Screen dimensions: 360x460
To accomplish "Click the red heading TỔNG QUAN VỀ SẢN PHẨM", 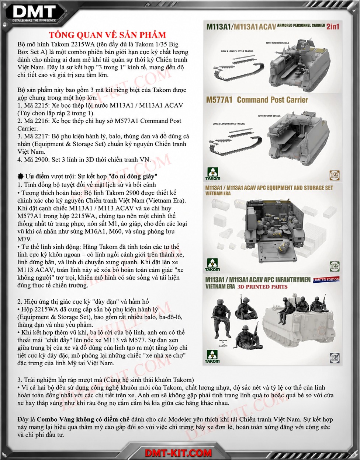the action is pyautogui.click(x=107, y=35).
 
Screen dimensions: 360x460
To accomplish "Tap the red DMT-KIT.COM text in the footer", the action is pyautogui.click(x=178, y=453).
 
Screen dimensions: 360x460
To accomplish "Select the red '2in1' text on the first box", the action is pyautogui.click(x=333, y=27).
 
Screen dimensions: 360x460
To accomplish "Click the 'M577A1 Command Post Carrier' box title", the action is pyautogui.click(x=257, y=100).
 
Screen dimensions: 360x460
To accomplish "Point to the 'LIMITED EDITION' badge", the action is pyautogui.click(x=326, y=280).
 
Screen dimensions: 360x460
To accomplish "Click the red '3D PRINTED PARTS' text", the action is pyautogui.click(x=262, y=287).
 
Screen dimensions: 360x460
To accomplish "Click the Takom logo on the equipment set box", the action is pyautogui.click(x=212, y=265).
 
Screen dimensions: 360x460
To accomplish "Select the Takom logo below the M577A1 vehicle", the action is pyautogui.click(x=212, y=173).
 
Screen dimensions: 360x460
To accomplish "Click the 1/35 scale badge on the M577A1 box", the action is pyautogui.click(x=335, y=176).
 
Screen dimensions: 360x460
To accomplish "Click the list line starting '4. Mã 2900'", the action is pyautogui.click(x=84, y=159).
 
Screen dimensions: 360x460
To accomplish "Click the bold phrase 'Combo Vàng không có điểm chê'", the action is pyautogui.click(x=83, y=419).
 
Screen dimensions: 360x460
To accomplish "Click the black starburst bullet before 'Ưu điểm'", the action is pyautogui.click(x=21, y=176).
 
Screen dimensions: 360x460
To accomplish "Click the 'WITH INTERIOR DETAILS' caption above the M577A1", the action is pyautogui.click(x=269, y=116).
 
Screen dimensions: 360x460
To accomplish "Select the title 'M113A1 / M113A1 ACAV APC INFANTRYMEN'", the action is pyautogui.click(x=258, y=280).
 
